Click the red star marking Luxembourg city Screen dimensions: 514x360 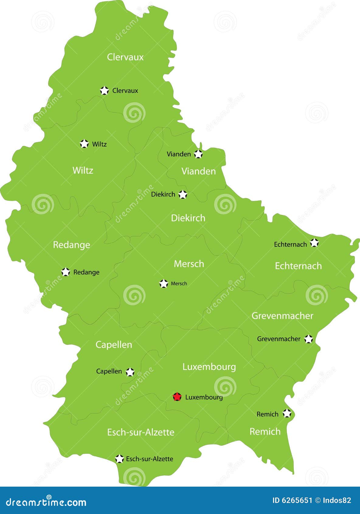coord(177,397)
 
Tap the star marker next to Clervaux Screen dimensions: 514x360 coord(104,90)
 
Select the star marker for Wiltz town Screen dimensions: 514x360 coord(84,144)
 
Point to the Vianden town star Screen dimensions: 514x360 coord(198,154)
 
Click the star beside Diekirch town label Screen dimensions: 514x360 coord(183,194)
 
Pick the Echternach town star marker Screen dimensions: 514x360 coord(314,243)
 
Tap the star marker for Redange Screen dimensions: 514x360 coord(66,272)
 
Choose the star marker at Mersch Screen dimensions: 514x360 coord(164,283)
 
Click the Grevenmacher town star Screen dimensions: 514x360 coord(309,339)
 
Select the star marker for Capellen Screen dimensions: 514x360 coord(130,372)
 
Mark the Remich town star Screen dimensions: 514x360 coord(287,413)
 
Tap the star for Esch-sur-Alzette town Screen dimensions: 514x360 coord(120,459)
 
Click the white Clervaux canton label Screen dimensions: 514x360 coord(125,57)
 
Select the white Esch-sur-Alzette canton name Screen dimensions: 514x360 coord(141,432)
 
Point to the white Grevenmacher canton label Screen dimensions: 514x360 coord(282,316)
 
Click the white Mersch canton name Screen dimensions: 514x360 coord(189,264)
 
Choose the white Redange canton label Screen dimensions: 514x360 coord(71,245)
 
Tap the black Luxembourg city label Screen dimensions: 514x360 coord(204,397)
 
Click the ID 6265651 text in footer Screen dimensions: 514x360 coord(292,500)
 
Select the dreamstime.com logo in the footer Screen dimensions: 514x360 coord(46,501)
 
